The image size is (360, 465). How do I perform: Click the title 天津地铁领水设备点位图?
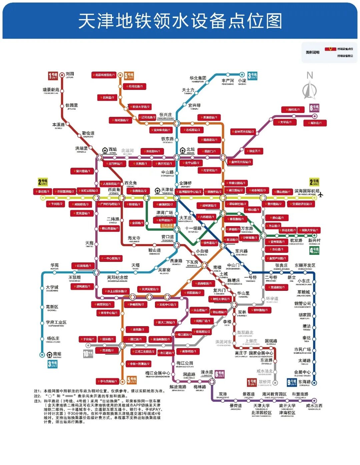(x=180, y=21)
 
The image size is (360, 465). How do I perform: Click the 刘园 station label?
(x=70, y=74)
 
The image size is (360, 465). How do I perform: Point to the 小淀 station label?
(x=242, y=81)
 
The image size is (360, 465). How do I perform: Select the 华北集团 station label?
(x=198, y=78)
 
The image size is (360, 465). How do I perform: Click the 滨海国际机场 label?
(x=307, y=191)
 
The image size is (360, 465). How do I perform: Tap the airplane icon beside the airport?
(x=321, y=194)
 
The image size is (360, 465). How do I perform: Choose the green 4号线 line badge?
(x=314, y=250)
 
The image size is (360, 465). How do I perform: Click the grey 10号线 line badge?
(x=88, y=354)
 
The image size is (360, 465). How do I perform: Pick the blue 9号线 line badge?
(x=292, y=382)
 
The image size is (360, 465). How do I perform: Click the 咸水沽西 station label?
(x=314, y=406)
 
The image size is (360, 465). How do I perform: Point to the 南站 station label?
(x=57, y=354)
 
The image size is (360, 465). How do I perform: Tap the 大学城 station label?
(x=52, y=287)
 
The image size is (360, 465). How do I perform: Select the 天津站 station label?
(x=167, y=190)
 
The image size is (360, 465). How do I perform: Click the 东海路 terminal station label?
(x=304, y=382)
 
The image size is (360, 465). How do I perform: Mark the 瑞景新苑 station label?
(x=51, y=90)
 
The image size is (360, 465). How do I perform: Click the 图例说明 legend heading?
(x=313, y=52)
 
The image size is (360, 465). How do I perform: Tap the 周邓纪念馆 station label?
(x=117, y=277)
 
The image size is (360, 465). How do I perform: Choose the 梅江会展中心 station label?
(x=158, y=373)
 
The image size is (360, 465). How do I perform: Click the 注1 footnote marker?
(x=37, y=391)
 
